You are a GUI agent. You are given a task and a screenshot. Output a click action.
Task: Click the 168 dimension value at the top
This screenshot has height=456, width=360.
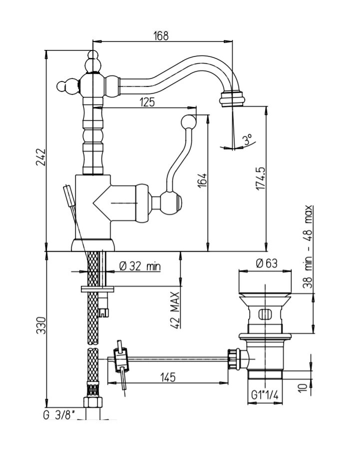click(161, 36)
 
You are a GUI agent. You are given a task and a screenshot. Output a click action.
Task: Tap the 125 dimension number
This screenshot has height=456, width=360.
click(147, 102)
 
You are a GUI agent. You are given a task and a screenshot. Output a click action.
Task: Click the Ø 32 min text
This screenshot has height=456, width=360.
click(140, 267)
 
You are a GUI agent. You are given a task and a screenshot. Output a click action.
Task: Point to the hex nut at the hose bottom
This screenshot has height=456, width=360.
click(93, 403)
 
